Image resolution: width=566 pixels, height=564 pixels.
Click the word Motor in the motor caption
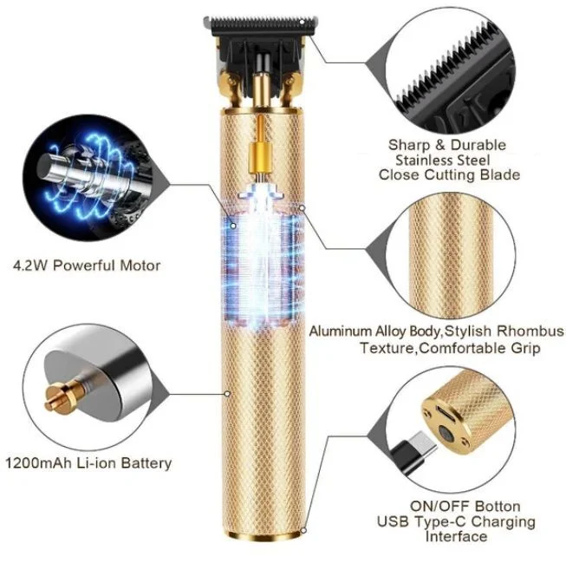point(140,266)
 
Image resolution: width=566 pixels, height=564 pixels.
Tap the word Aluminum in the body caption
point(342,332)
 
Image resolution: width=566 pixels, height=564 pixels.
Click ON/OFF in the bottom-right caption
point(435,506)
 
